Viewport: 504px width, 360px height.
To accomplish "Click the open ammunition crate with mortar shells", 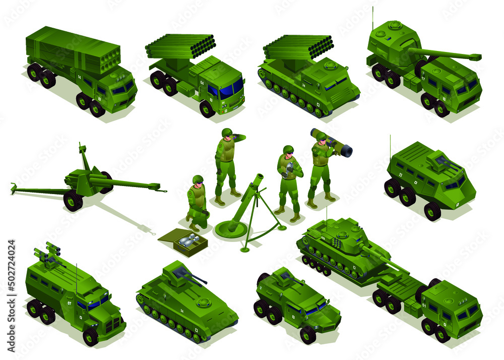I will pos(182,242).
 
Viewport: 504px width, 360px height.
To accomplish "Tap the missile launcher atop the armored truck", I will pos(48,255).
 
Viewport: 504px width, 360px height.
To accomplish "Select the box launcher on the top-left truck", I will pos(73,50).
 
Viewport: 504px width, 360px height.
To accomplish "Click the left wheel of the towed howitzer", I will pos(73,201).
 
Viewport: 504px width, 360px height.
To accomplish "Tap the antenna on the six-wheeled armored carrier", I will pos(390,144).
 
